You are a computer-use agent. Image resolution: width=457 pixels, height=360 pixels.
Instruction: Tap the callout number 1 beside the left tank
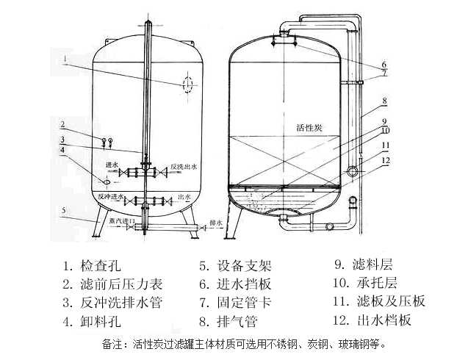point(65,57)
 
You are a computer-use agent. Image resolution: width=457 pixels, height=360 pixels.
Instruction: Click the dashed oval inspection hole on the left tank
point(187,83)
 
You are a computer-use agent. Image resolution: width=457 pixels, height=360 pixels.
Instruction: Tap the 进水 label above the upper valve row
point(112,165)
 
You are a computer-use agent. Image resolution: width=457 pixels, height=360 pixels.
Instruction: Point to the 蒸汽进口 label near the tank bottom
point(117,221)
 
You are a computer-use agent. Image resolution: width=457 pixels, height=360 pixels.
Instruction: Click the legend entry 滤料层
point(373,263)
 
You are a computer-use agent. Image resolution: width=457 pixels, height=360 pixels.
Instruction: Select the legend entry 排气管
point(237,321)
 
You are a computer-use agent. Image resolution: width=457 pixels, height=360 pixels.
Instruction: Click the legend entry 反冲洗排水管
point(118,302)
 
